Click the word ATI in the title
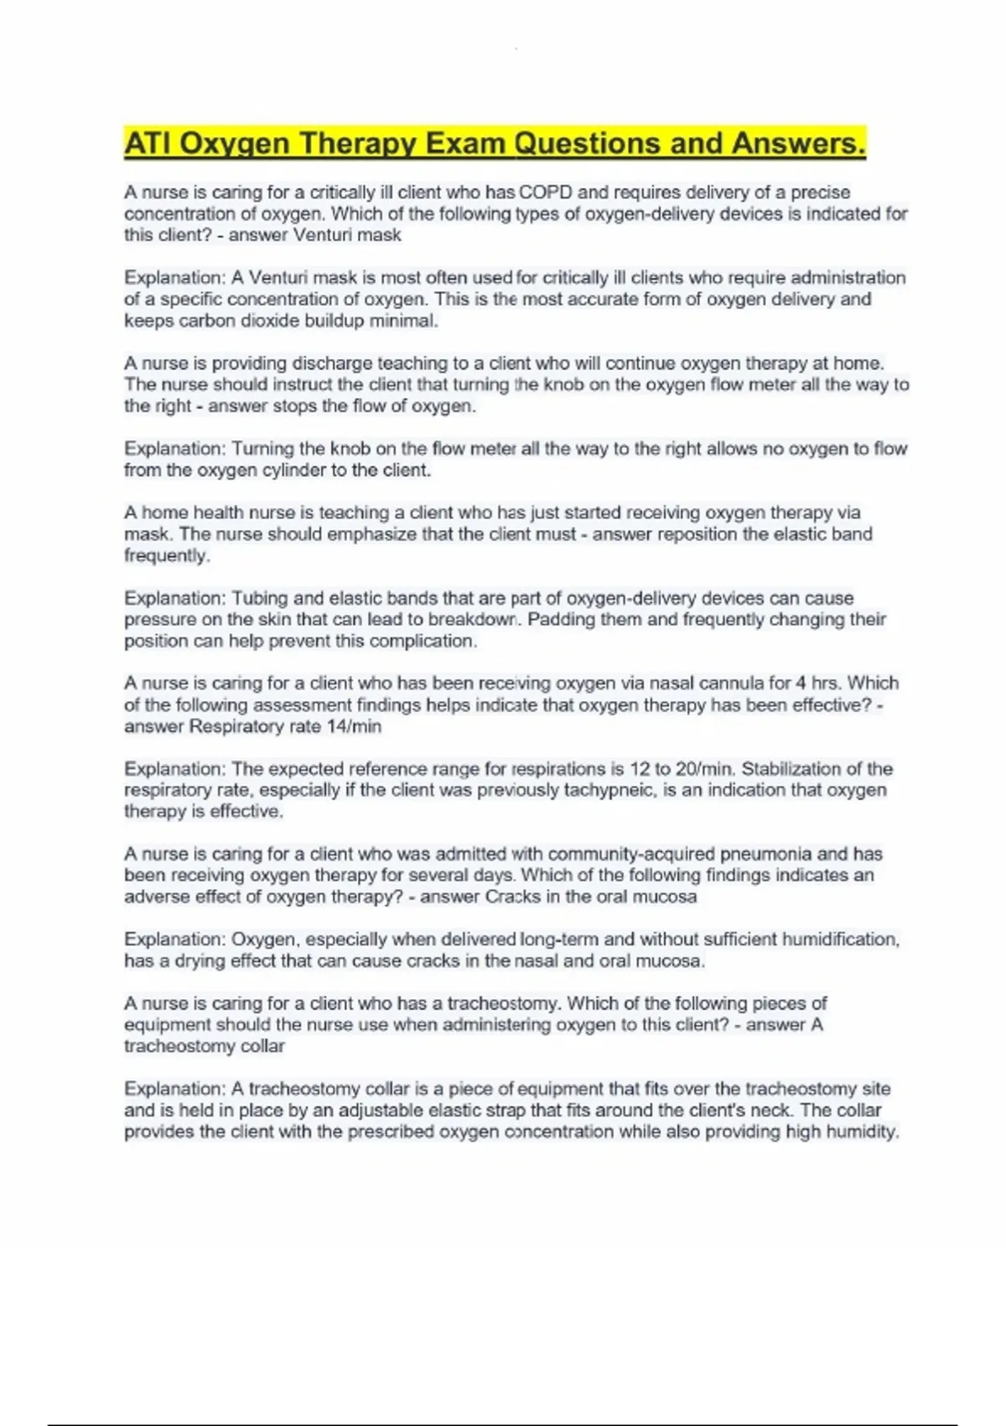[x=148, y=143]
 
